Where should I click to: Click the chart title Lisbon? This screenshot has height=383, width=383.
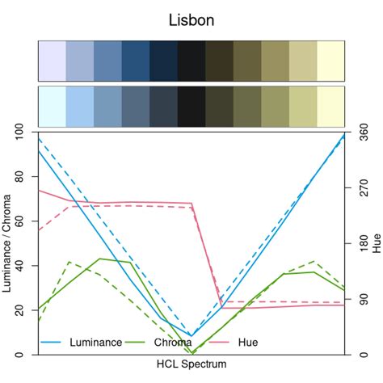pyautogui.click(x=191, y=19)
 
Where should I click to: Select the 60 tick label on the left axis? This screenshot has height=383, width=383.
pyautogui.click(x=19, y=221)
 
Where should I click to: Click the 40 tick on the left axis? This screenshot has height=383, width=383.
pyautogui.click(x=19, y=266)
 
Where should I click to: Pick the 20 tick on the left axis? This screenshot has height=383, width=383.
pyautogui.click(x=19, y=310)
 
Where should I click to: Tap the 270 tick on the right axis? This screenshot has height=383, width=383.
pyautogui.click(x=363, y=187)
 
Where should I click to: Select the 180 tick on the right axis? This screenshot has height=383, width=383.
pyautogui.click(x=363, y=243)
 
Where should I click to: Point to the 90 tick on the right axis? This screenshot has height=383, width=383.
pyautogui.click(x=363, y=299)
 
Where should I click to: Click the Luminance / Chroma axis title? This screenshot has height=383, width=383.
pyautogui.click(x=6, y=243)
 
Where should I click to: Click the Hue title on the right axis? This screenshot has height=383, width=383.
pyautogui.click(x=377, y=243)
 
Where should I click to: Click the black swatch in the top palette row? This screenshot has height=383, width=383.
pyautogui.click(x=191, y=60)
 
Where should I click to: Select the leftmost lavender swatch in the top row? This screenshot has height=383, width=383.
pyautogui.click(x=53, y=60)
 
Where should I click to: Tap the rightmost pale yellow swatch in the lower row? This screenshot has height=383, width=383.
pyautogui.click(x=330, y=106)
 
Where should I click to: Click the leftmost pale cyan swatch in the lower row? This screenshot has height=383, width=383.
pyautogui.click(x=53, y=106)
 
